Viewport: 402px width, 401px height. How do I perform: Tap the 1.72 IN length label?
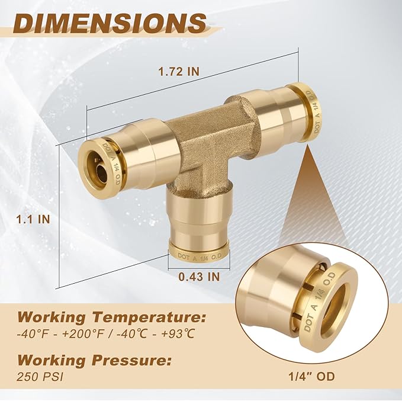tap(179, 72)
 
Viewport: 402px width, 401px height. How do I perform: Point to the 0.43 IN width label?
tap(199, 275)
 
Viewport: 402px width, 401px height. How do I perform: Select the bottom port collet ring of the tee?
tap(198, 252)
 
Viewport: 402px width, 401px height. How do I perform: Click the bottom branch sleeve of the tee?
tap(198, 219)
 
